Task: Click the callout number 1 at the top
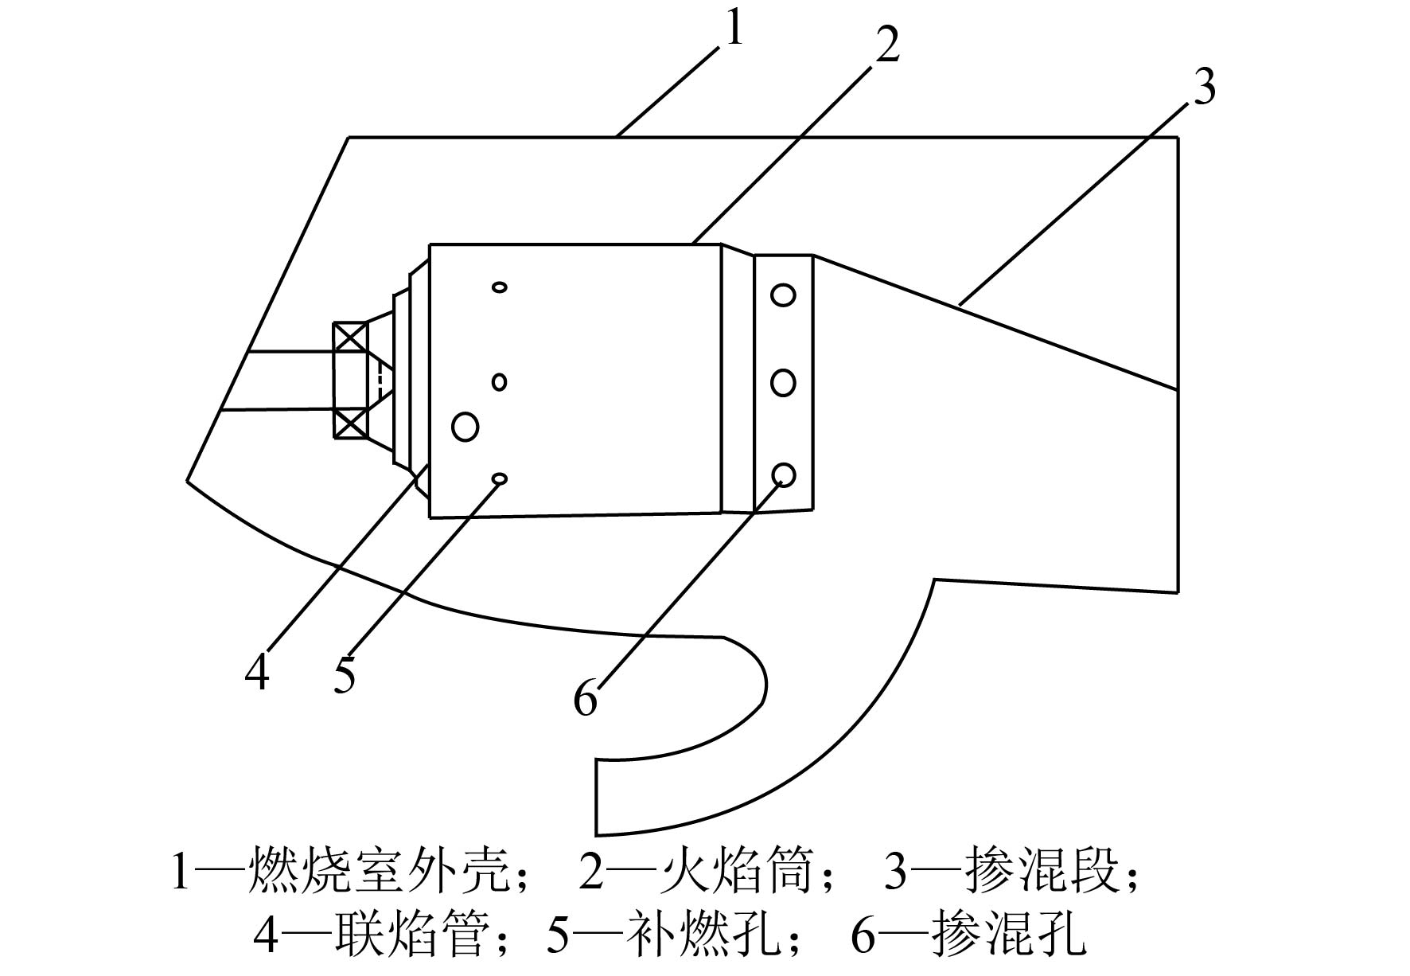(x=734, y=29)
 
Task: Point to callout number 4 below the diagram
(x=257, y=673)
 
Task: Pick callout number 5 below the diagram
(x=345, y=676)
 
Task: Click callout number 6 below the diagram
(x=586, y=699)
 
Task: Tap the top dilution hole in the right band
(x=783, y=295)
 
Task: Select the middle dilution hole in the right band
(x=783, y=383)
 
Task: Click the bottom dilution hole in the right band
(x=783, y=474)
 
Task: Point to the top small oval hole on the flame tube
(x=500, y=287)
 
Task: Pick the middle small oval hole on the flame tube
(x=500, y=382)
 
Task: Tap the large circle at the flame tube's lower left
(x=465, y=426)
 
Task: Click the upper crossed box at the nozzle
(x=350, y=338)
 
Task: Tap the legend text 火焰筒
(x=738, y=872)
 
